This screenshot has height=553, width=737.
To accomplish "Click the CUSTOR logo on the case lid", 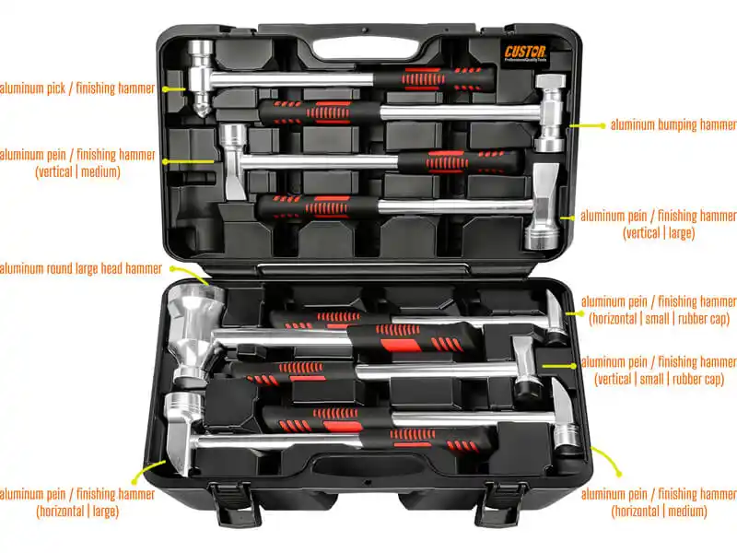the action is [526, 53].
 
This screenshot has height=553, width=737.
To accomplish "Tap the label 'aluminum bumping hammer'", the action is [673, 125].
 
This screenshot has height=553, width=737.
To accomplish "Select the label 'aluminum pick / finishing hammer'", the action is [77, 88].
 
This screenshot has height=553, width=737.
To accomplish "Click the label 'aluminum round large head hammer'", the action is [80, 268].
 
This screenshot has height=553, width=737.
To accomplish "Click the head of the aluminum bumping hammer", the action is [551, 113].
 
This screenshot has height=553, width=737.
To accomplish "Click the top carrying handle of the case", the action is [365, 47].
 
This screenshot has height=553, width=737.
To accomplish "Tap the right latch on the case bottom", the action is [505, 504].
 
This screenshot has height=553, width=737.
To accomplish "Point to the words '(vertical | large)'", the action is [659, 233].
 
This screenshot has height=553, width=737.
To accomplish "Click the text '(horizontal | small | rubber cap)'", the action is [659, 319].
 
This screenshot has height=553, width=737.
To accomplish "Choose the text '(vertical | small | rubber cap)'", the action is [659, 379].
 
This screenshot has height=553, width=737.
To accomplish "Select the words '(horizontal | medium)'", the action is [659, 512].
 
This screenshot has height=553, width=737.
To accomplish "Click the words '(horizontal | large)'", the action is [77, 512].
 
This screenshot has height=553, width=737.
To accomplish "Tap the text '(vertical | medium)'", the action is [77, 172].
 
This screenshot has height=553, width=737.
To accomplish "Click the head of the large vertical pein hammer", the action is [542, 206].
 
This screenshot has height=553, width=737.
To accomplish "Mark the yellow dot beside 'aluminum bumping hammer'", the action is [602, 125].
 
